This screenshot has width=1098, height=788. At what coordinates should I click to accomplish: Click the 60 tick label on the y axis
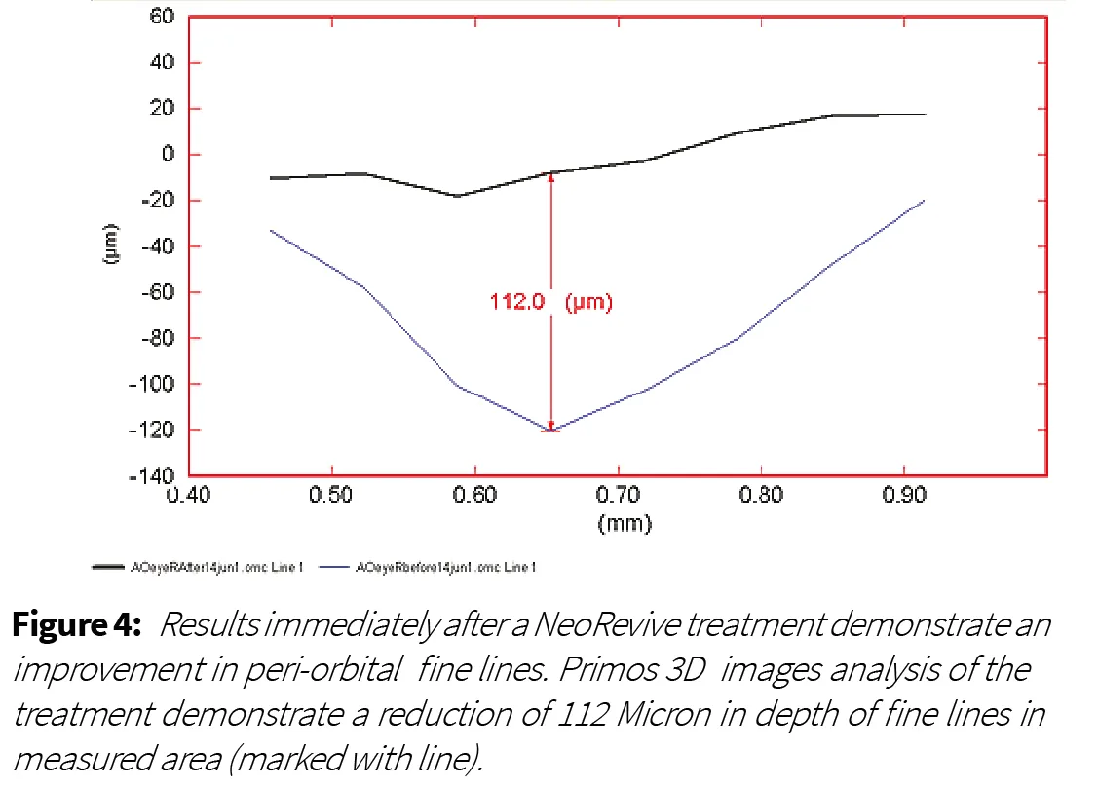pos(162,17)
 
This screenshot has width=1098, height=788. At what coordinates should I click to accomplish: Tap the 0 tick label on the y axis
pos(168,155)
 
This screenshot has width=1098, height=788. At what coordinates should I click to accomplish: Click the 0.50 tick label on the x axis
pos(332,495)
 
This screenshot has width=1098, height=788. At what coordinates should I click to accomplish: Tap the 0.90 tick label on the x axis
pos(904,495)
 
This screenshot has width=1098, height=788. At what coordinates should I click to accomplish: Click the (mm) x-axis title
pos(625,523)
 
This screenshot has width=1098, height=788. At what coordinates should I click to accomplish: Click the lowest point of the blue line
pos(551,430)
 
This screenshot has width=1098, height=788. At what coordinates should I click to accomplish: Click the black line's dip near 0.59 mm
pos(457,196)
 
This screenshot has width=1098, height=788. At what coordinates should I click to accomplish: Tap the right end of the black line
pos(925,115)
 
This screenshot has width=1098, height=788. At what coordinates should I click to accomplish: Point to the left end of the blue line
pos(270,230)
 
